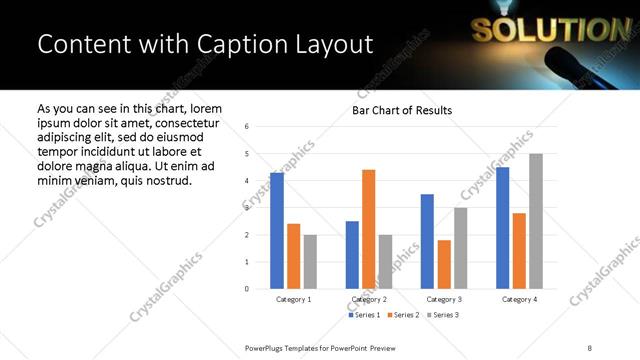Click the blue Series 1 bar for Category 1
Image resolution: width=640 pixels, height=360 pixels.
(277, 231)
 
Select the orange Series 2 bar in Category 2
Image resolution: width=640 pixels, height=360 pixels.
(368, 229)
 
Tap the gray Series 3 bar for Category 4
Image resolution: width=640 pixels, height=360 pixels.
(535, 221)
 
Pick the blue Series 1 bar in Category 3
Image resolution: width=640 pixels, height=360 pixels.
(427, 241)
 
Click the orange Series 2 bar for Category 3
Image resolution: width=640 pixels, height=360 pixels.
(444, 264)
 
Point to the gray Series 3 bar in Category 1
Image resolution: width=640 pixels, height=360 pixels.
(310, 262)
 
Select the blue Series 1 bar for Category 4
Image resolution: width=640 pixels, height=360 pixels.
(502, 228)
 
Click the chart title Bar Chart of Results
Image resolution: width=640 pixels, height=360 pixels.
(402, 110)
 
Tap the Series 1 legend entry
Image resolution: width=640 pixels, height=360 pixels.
(364, 315)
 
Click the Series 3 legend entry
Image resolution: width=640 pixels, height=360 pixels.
(443, 315)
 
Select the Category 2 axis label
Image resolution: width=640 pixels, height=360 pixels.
(368, 299)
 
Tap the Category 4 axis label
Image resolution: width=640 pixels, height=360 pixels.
(518, 299)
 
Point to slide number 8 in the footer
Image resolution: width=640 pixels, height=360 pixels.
(589, 347)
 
